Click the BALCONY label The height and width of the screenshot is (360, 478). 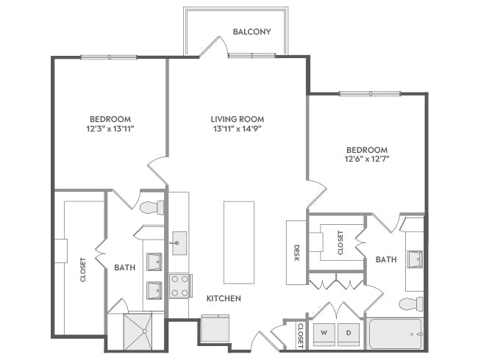[252, 32]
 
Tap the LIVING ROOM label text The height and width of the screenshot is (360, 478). [237, 119]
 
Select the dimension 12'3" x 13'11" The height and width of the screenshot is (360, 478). [110, 129]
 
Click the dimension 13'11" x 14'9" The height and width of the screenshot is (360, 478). [237, 129]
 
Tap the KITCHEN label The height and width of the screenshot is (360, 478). [224, 299]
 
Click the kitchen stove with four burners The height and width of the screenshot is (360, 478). [181, 285]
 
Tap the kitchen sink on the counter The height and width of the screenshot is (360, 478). [179, 242]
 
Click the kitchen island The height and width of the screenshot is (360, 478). [239, 242]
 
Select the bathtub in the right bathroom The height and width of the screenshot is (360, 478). [395, 334]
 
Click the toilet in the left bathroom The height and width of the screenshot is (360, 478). [152, 207]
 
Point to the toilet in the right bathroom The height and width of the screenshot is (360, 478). [410, 303]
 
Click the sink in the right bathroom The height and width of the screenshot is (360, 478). [415, 259]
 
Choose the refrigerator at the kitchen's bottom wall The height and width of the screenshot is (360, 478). [215, 328]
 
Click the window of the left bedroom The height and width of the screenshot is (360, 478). [108, 57]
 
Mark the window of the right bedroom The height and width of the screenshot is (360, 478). [369, 93]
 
